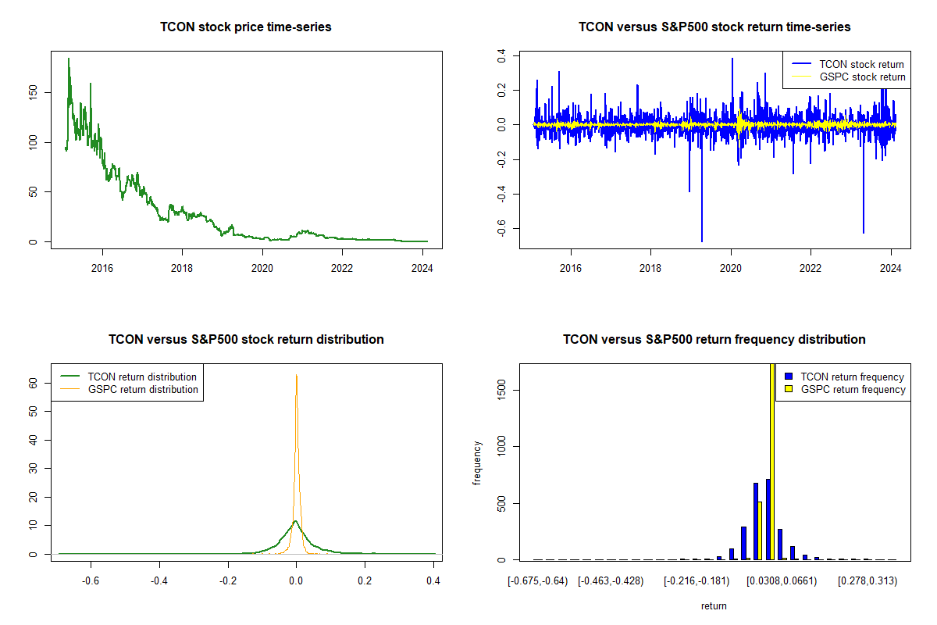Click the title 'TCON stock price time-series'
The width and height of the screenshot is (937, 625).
(246, 27)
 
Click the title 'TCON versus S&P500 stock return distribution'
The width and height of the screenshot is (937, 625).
(246, 340)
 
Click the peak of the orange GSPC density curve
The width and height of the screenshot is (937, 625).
(297, 375)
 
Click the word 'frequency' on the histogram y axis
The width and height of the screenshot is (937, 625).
(477, 463)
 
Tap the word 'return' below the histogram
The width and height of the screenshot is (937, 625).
(714, 605)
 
